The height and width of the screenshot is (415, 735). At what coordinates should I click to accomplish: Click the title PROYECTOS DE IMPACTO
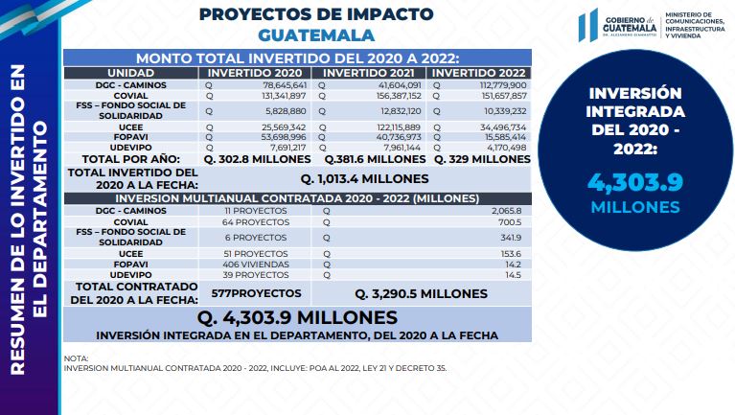point(316,14)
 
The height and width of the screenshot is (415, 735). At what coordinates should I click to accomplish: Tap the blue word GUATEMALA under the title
point(316,35)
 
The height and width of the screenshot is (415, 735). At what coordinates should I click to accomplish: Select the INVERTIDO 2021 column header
point(368,73)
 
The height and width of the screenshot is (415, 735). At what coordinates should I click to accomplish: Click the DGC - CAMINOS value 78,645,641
point(285,85)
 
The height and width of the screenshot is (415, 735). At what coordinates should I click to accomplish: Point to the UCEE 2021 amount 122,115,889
point(399,127)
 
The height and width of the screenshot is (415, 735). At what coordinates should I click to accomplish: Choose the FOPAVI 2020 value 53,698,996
point(284,137)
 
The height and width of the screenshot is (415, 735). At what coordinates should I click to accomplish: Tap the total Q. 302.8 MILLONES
point(258,159)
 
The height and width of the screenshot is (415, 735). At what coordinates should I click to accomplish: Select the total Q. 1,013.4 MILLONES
point(364,179)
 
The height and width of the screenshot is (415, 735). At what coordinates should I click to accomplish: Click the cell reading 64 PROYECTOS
point(256,222)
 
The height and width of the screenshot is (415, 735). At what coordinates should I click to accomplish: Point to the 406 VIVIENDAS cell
point(256,265)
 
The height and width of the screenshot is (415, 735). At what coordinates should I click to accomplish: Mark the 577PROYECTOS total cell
point(256,293)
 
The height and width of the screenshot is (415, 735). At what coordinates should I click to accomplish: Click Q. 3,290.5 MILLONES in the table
point(421,294)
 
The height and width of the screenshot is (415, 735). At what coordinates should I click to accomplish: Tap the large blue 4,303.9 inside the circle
point(635,182)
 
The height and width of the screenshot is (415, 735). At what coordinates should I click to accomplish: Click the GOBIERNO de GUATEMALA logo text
point(629,25)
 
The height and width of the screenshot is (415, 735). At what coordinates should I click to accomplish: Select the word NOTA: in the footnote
point(76,358)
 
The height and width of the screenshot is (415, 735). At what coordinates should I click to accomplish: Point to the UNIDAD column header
point(130,73)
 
